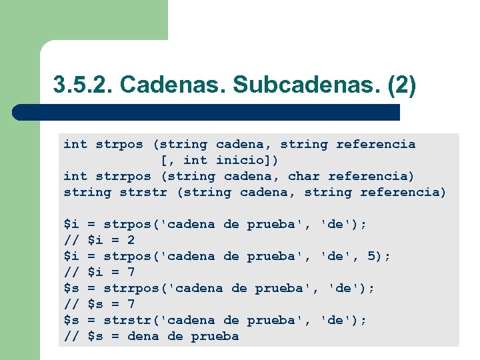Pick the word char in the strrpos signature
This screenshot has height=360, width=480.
pyautogui.click(x=304, y=176)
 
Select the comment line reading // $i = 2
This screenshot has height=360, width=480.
pyautogui.click(x=99, y=240)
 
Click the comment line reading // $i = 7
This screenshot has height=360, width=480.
pyautogui.click(x=99, y=272)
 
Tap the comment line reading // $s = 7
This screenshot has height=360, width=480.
pyautogui.click(x=99, y=304)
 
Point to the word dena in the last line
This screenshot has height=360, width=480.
pyautogui.click(x=143, y=336)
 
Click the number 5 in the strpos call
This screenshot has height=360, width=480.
pyautogui.click(x=371, y=256)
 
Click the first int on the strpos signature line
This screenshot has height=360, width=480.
pyautogui.click(x=75, y=144)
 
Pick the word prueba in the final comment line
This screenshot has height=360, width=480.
pyautogui.click(x=215, y=336)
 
